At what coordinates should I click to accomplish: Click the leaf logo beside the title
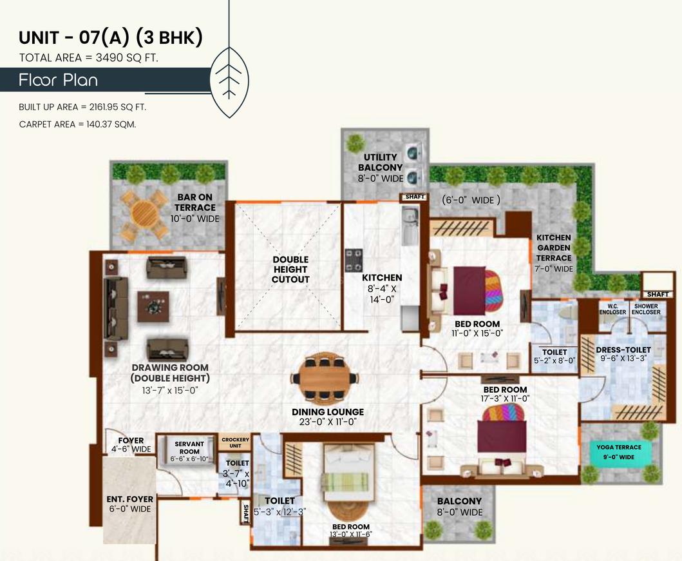[x=229, y=81]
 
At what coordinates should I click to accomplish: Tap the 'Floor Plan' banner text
[x=58, y=81]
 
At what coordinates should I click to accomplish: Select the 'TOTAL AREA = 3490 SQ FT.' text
[x=89, y=58]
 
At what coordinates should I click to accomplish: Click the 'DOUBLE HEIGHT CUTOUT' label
[x=290, y=270]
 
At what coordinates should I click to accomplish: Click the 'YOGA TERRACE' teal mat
[x=619, y=452]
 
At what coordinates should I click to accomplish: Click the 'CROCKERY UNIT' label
[x=235, y=442]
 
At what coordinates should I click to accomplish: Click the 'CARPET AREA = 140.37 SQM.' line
[x=77, y=124]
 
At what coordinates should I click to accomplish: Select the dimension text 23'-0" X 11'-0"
[x=328, y=422]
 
